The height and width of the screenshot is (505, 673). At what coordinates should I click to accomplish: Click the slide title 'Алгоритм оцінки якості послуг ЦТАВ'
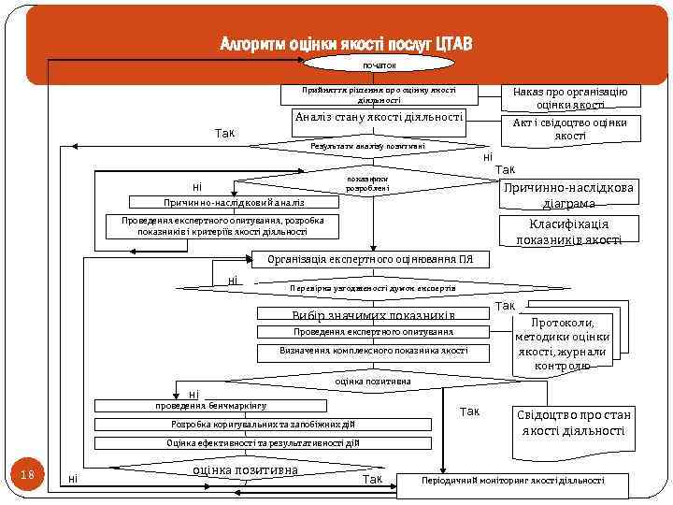347,45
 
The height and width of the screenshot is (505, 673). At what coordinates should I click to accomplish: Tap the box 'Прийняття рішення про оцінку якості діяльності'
379,94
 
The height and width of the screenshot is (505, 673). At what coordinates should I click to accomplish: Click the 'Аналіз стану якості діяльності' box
379,117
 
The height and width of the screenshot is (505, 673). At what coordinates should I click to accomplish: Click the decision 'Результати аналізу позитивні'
367,146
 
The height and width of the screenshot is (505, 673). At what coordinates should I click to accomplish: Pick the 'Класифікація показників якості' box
568,232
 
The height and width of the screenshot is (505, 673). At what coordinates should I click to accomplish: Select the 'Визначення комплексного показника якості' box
373,351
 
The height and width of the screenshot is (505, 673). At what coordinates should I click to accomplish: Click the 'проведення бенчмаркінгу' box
211,406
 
